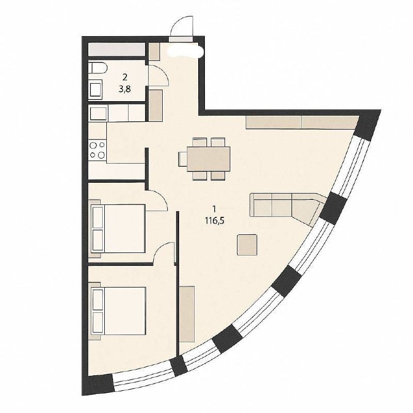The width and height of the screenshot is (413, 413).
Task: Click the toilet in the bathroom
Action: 98,68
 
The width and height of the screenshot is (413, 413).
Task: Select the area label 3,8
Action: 125,89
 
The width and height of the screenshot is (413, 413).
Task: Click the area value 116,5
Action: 214,221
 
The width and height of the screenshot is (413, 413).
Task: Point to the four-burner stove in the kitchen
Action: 98,151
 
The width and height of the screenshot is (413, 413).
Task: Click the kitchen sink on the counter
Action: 98,113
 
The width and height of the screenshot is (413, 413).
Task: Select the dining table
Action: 209,159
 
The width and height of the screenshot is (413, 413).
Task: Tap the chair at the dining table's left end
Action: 183,159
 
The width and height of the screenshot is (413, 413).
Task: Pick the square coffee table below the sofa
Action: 247,245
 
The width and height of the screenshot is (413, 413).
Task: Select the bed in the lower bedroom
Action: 118,311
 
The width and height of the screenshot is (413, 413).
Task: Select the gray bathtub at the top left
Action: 117,49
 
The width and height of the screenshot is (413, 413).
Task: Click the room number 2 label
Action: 125,77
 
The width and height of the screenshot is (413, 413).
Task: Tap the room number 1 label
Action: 214,209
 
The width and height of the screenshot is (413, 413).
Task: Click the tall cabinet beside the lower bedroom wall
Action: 187,314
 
